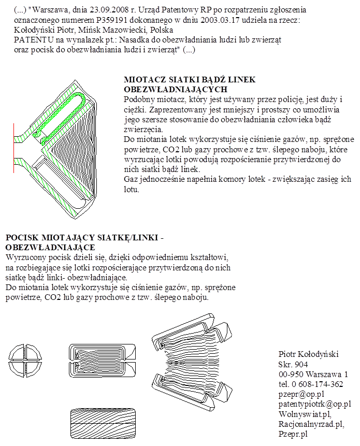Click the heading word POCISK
pos(21,238)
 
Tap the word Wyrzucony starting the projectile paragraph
pos(25,257)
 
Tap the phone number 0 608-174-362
pos(316,384)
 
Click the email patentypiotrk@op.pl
pos(314,404)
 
